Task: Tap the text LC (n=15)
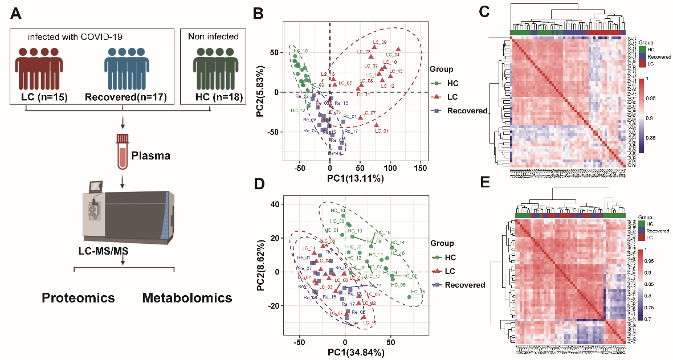coord(44,97)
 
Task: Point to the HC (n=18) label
coord(210,97)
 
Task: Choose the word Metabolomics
coord(187,297)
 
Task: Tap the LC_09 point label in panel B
coord(380,43)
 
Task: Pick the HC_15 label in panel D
coord(418,292)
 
